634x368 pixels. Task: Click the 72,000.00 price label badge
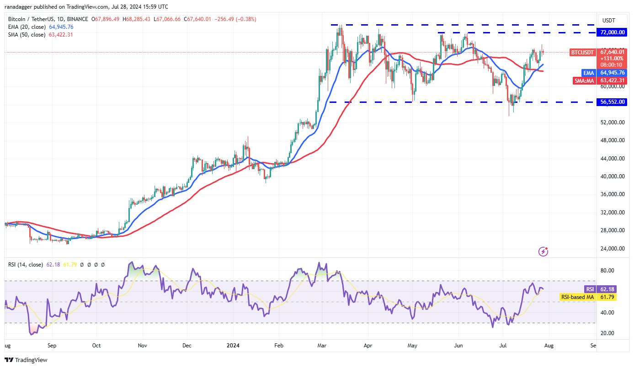(613, 32)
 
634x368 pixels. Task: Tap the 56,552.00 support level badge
(613, 102)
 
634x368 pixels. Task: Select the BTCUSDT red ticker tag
(583, 53)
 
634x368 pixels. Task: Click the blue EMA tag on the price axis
(589, 73)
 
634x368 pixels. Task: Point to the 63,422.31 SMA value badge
(613, 80)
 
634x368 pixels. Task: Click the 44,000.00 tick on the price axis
(613, 159)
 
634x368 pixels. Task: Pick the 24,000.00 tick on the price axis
(613, 249)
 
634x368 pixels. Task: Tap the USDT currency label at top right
(609, 21)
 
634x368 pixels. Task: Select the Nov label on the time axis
(143, 346)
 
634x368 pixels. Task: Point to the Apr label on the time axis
(368, 346)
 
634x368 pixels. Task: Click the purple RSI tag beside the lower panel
(590, 289)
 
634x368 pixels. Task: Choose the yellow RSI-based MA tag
(578, 297)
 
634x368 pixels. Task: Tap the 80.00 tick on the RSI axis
(606, 271)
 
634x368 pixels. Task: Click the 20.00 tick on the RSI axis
(606, 333)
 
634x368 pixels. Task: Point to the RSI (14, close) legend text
(26, 264)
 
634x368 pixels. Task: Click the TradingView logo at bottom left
(27, 360)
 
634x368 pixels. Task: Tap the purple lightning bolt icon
(543, 251)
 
